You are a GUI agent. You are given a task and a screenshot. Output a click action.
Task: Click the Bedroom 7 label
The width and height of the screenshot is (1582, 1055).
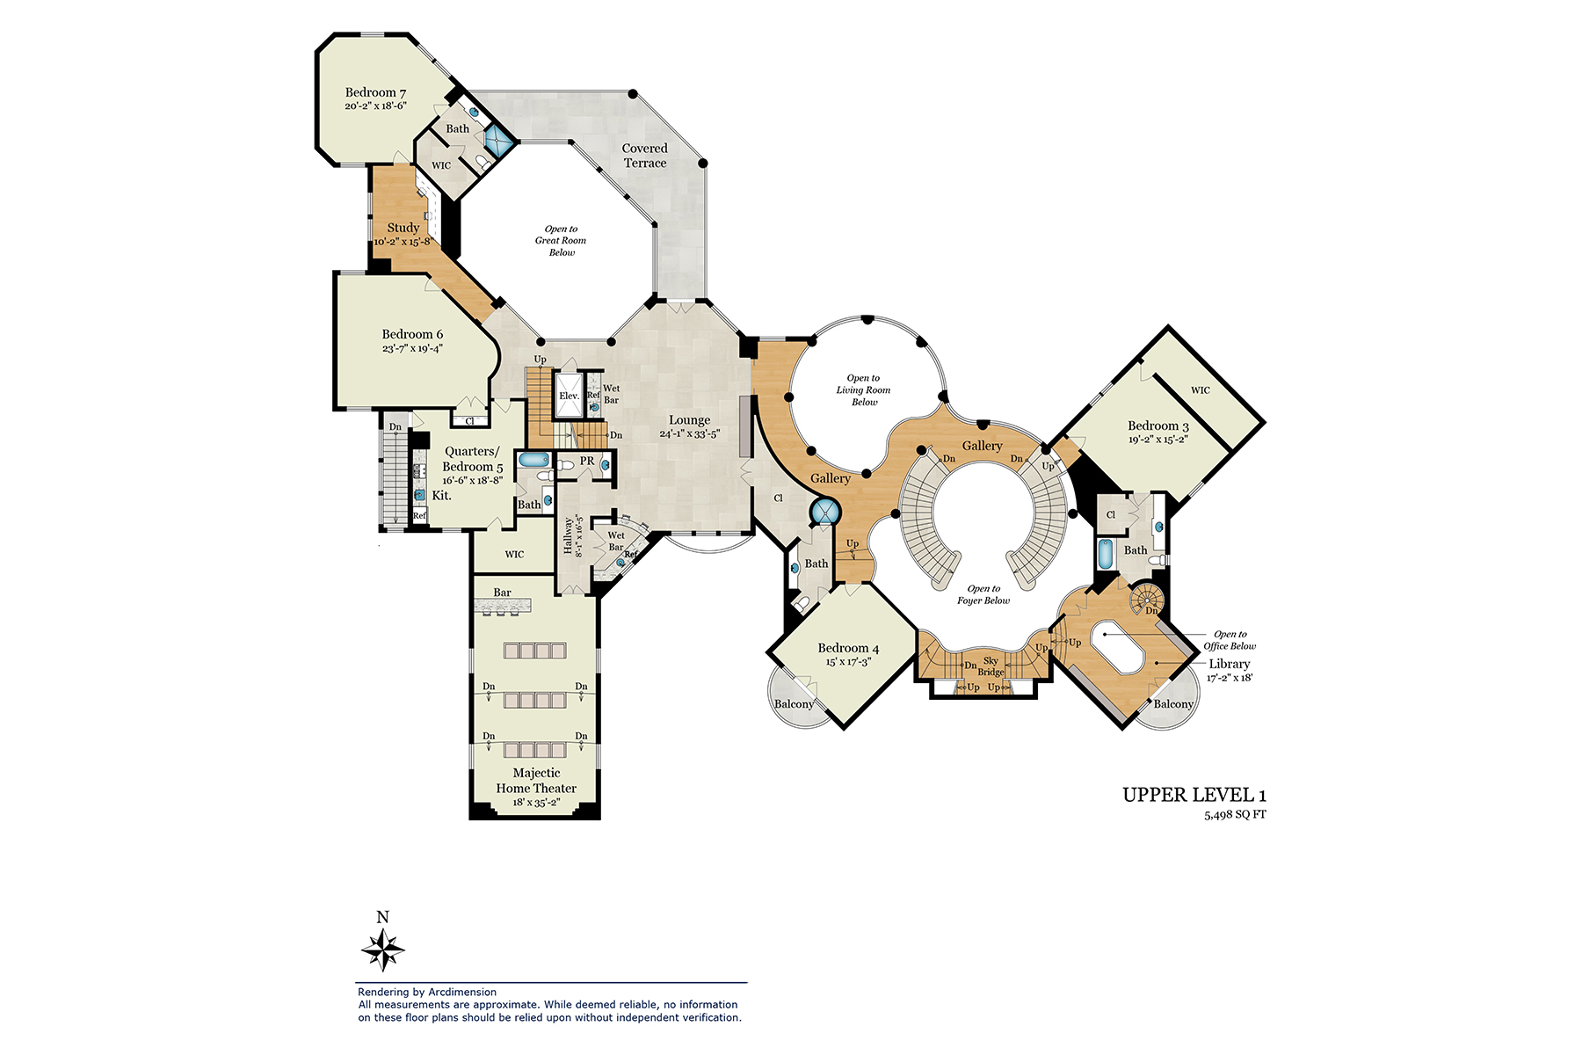point(375,92)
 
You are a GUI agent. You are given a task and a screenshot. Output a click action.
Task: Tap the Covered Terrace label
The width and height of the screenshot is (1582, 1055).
point(645,156)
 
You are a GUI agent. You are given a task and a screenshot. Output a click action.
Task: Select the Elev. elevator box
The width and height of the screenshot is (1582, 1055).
point(569,396)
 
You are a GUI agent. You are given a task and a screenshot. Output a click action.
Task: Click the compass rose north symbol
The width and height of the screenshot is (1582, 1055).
point(382,948)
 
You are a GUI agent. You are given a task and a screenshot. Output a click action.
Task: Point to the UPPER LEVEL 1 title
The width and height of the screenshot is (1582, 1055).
point(1194,795)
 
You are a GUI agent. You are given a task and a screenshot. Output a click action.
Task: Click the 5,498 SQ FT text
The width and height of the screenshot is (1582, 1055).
point(1235,815)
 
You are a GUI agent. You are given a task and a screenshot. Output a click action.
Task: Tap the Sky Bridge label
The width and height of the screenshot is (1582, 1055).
point(991,666)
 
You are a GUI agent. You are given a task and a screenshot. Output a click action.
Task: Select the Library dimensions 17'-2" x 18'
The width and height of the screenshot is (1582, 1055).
point(1229,678)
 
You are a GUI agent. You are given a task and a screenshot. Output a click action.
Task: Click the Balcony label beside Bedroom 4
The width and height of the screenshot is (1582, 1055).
point(794,704)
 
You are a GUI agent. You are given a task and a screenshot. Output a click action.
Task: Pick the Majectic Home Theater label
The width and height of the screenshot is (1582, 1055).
point(536,781)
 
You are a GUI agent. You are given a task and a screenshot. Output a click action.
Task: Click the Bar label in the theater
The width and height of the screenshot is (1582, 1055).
point(502,593)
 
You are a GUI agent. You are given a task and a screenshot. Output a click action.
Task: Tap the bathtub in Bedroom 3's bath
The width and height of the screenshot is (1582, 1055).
point(1106,555)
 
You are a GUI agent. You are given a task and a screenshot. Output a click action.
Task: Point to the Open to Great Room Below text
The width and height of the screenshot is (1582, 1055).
point(561,240)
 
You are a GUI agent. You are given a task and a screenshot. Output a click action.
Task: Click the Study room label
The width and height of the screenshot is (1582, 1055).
point(403,228)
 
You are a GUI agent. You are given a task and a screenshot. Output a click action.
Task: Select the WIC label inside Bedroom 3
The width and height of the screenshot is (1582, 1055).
point(1200,390)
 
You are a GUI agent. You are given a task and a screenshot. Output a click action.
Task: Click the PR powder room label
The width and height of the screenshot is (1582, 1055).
point(587,461)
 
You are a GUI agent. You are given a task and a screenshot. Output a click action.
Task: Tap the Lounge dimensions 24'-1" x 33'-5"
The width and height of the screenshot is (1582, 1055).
point(690,434)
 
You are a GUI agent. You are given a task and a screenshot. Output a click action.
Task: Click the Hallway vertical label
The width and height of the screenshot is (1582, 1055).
point(569,535)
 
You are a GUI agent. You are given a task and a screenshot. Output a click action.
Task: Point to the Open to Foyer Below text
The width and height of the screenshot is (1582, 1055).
point(983,594)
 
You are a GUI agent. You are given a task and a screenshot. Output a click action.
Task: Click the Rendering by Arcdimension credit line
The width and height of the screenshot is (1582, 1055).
point(427,992)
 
